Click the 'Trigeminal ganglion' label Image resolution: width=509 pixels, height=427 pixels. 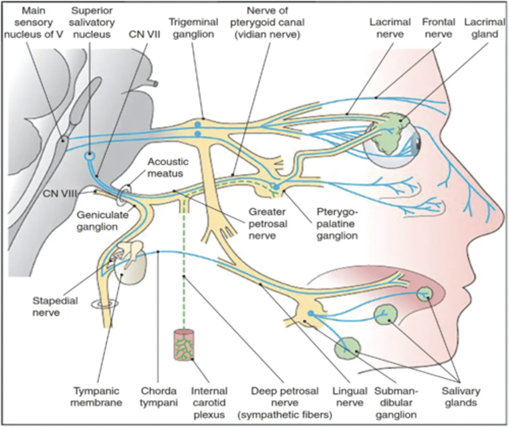(x=193, y=28)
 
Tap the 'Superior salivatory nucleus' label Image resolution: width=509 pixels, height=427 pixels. (x=92, y=22)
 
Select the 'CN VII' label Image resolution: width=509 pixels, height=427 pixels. (x=144, y=35)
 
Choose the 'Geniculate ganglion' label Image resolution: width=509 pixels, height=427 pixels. (x=102, y=221)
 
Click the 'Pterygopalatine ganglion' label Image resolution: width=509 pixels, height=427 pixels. (x=337, y=224)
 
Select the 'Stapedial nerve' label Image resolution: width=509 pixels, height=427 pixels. (x=55, y=307)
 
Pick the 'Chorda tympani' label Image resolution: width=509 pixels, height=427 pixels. (x=158, y=397)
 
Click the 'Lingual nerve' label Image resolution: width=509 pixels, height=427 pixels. (x=350, y=397)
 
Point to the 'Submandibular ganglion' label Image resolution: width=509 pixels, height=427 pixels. (x=396, y=403)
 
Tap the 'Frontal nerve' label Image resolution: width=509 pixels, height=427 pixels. (x=438, y=28)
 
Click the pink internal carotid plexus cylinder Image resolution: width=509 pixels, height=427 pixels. (x=184, y=345)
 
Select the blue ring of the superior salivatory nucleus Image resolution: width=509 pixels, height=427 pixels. (x=89, y=156)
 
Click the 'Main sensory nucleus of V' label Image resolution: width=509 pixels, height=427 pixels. (x=33, y=22)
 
